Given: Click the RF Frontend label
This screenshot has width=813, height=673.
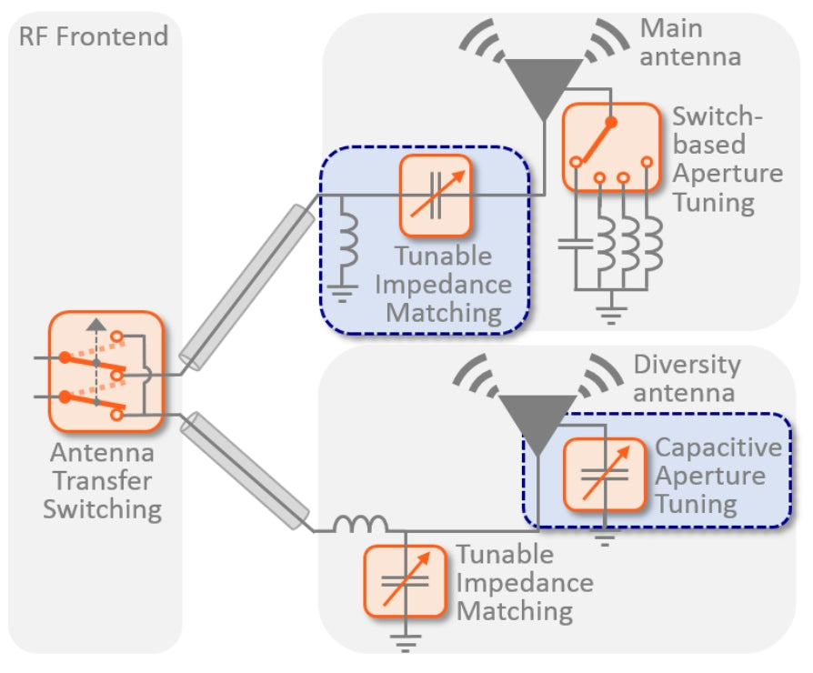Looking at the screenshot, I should coord(94,36).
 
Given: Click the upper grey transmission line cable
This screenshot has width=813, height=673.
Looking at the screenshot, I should coord(246,286).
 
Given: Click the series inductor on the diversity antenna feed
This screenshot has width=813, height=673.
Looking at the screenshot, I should coord(360,526).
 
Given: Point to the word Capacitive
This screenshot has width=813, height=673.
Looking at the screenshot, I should coord(718,447).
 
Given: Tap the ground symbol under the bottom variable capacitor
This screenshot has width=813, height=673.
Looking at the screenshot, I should coord(406,644).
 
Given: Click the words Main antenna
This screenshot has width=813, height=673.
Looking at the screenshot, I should coord(690,42).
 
